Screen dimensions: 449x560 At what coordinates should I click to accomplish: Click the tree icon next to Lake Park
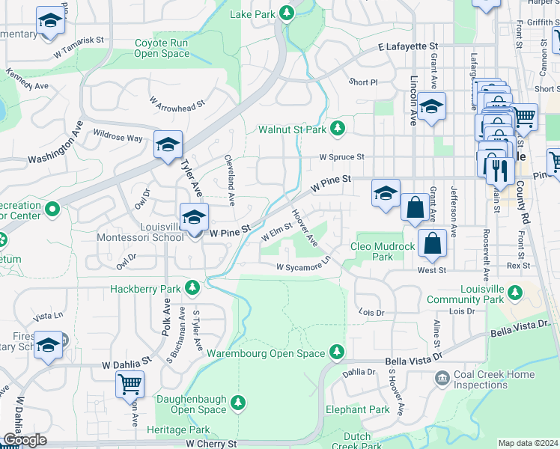click(286, 13)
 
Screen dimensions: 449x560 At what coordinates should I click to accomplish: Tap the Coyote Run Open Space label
click(162, 48)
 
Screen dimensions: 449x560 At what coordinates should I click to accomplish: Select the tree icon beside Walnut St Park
click(338, 129)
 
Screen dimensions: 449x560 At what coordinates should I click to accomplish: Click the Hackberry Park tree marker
click(193, 288)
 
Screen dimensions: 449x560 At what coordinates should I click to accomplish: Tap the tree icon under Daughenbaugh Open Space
click(239, 404)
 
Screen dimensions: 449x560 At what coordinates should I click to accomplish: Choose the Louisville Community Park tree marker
click(514, 292)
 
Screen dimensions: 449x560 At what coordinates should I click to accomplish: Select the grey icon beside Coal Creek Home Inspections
click(444, 379)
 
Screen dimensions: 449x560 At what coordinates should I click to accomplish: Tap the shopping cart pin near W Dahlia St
click(130, 384)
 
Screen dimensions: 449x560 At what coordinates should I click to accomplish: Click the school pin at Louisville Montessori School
click(194, 218)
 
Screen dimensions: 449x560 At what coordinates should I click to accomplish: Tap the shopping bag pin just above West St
click(432, 242)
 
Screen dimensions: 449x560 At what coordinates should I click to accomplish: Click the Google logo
click(24, 439)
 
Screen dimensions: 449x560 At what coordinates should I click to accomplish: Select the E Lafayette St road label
click(410, 47)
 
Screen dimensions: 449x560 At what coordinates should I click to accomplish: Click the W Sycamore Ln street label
click(302, 266)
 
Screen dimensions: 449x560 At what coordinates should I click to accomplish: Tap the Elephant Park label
click(358, 409)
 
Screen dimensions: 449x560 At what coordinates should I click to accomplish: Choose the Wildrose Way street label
click(118, 138)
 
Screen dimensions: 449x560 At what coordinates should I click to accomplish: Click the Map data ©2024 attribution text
click(527, 443)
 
